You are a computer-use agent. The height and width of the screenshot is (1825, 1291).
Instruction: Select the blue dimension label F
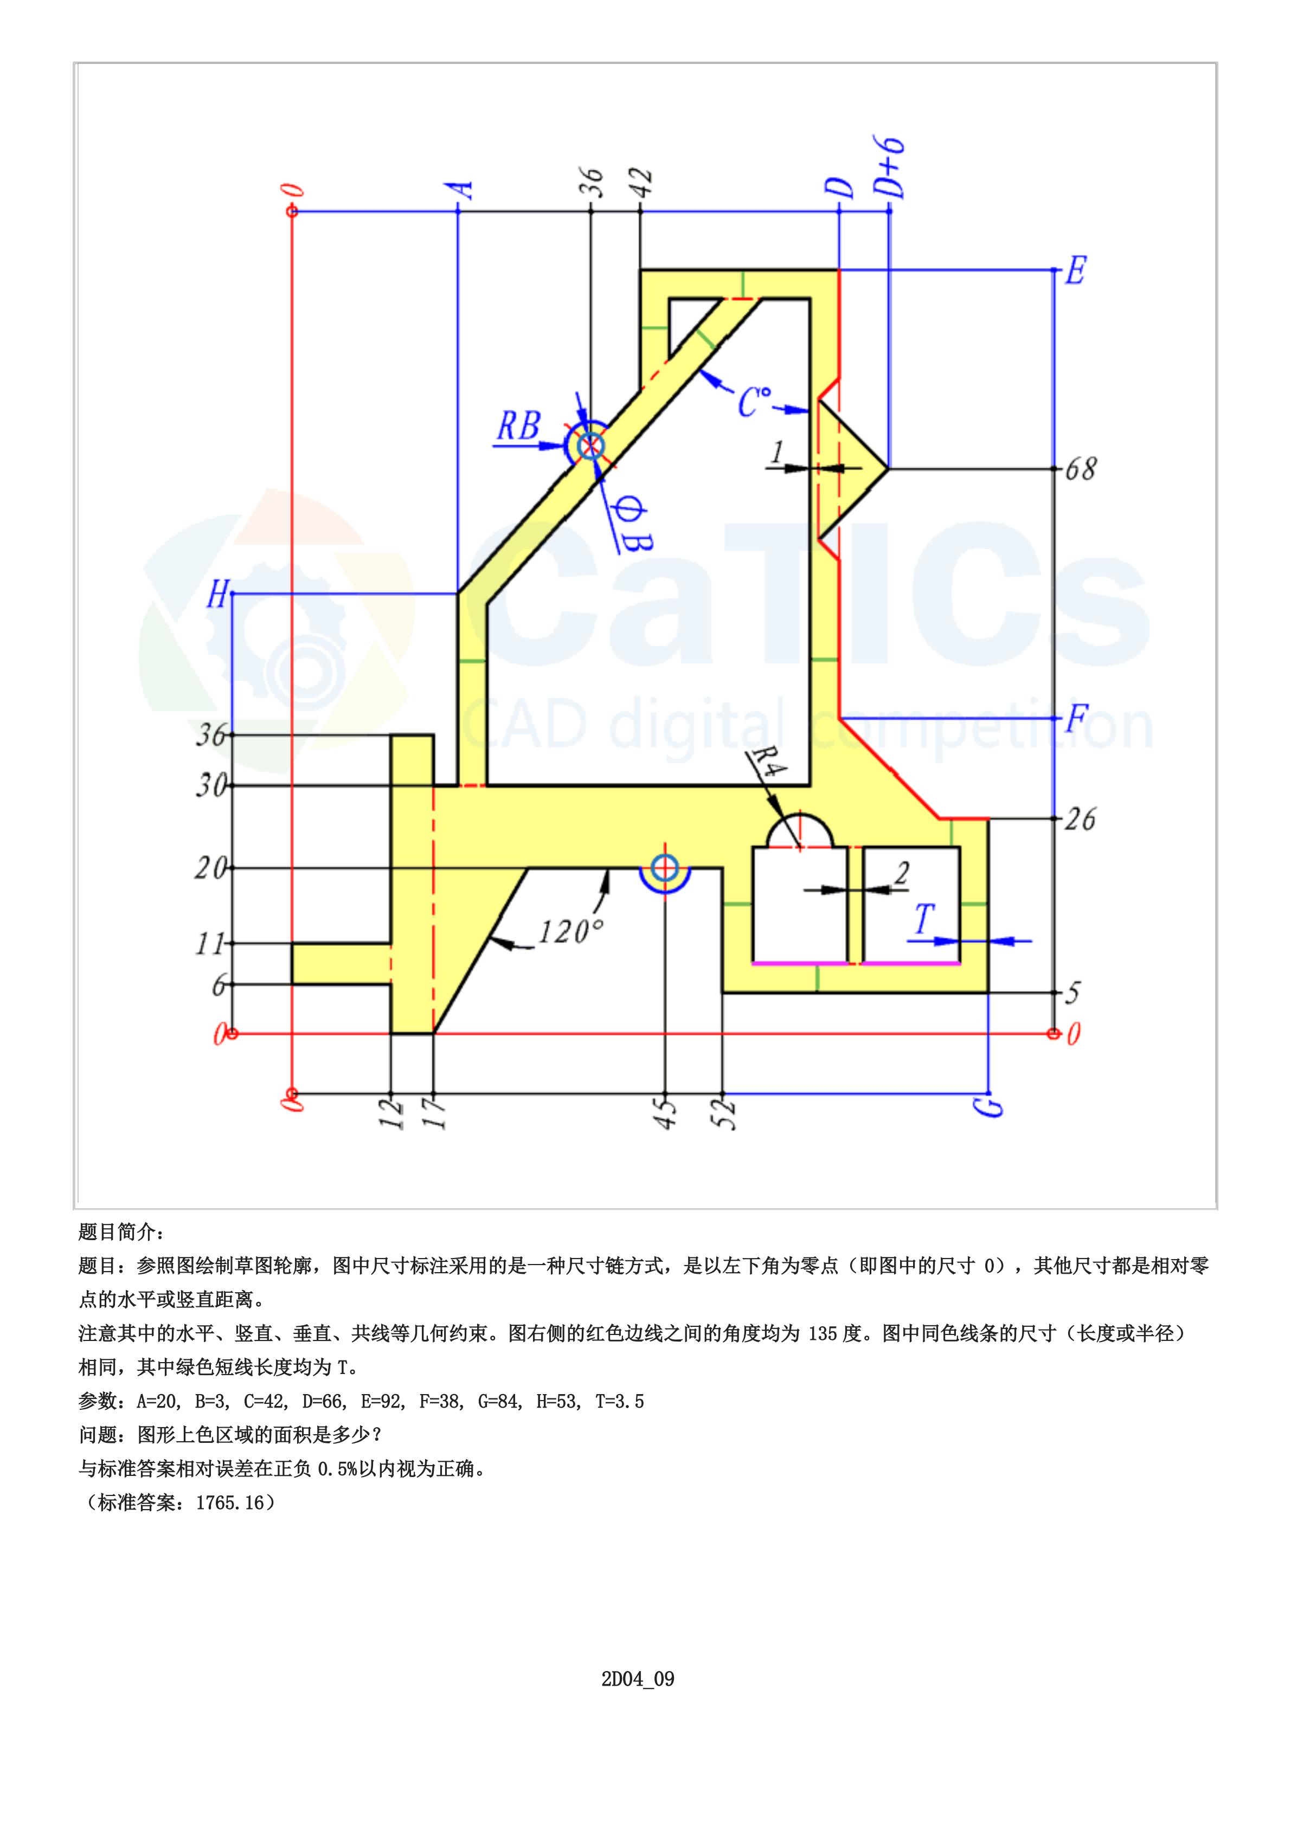click(x=1076, y=719)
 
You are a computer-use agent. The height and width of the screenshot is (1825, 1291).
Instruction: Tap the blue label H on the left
click(x=217, y=594)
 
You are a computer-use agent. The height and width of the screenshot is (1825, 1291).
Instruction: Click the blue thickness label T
click(x=923, y=920)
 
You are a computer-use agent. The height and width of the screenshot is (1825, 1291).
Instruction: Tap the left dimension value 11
click(x=211, y=944)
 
